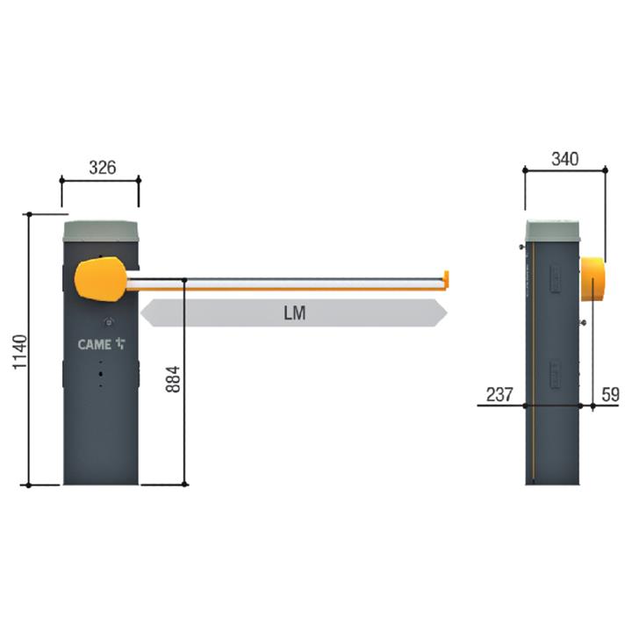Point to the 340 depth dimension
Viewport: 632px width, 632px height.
[x=564, y=158]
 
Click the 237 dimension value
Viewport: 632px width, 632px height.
[x=499, y=394]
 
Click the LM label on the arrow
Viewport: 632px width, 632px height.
[x=295, y=313]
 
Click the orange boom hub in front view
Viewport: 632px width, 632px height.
[x=100, y=280]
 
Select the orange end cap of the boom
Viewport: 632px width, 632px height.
[x=446, y=279]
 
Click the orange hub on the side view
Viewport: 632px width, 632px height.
[x=593, y=279]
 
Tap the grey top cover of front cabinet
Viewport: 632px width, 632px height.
[x=101, y=231]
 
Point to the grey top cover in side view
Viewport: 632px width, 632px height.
[x=552, y=231]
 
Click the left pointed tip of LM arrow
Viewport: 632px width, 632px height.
[x=144, y=313]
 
